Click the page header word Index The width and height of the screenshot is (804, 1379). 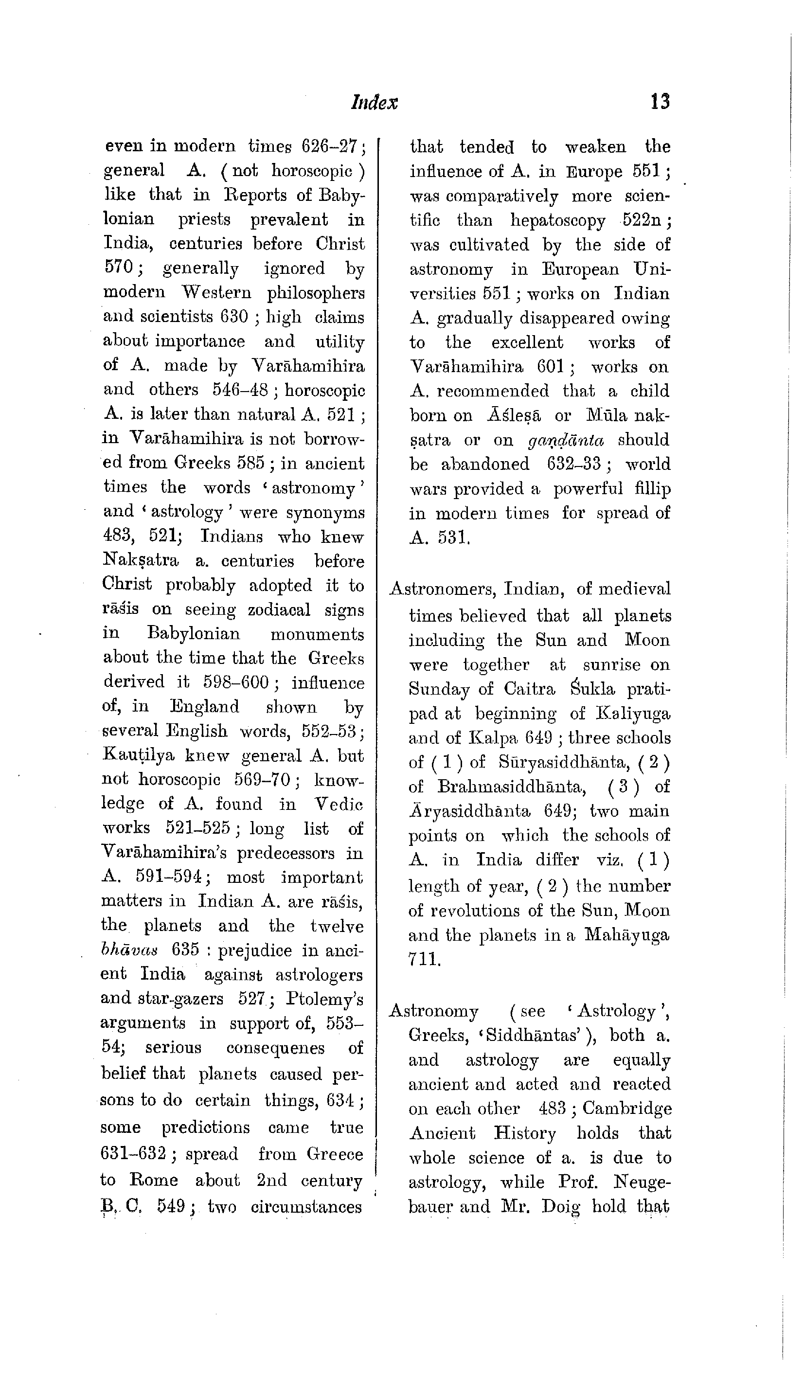pos(375,102)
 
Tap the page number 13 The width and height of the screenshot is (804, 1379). pos(660,102)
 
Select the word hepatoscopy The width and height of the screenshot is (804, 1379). pos(558,220)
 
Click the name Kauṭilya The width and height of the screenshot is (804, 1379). pos(138,756)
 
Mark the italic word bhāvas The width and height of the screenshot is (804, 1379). pos(130,950)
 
